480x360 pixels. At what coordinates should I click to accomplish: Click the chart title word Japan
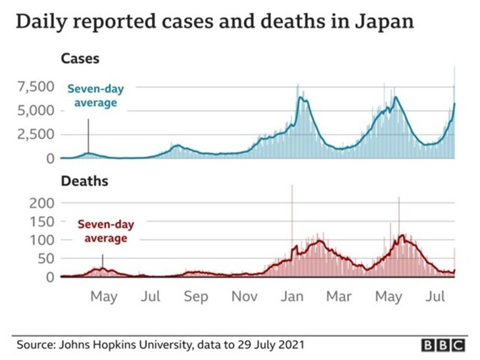[x=383, y=22]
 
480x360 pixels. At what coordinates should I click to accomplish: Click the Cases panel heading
[x=80, y=59]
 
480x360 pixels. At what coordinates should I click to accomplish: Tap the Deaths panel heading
[x=84, y=180]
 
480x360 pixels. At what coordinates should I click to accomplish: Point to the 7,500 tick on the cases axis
[x=32, y=87]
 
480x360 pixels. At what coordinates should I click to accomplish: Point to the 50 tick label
[x=44, y=259]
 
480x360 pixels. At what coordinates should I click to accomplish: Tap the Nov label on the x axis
[x=244, y=297]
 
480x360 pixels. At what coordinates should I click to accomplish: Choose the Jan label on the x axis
[x=292, y=297]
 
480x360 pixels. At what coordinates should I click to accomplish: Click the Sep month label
[x=196, y=297]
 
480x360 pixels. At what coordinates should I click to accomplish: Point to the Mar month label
[x=339, y=297]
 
